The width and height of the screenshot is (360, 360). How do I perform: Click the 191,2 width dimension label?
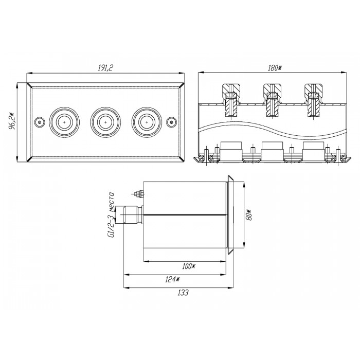coord(105,68)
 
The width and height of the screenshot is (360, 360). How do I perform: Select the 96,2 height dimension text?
coord(12,121)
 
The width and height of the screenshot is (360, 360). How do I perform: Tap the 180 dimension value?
coord(274,68)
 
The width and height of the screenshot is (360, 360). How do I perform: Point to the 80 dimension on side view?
coord(249,214)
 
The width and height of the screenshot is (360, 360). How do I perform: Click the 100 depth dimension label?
coord(189,266)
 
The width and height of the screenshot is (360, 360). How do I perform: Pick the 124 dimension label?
coord(172,280)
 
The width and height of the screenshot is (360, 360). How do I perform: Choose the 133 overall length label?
coord(183,293)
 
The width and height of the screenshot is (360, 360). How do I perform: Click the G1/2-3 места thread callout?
coord(112,215)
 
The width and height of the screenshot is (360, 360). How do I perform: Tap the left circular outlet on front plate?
coord(64,122)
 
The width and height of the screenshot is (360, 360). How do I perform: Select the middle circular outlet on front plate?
coord(105,122)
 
